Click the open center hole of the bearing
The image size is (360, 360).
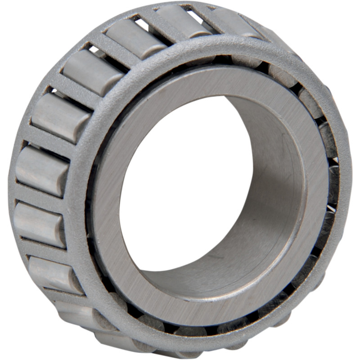(180, 180)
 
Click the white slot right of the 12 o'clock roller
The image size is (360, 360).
(198, 18)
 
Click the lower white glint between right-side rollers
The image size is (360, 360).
(331, 208)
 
